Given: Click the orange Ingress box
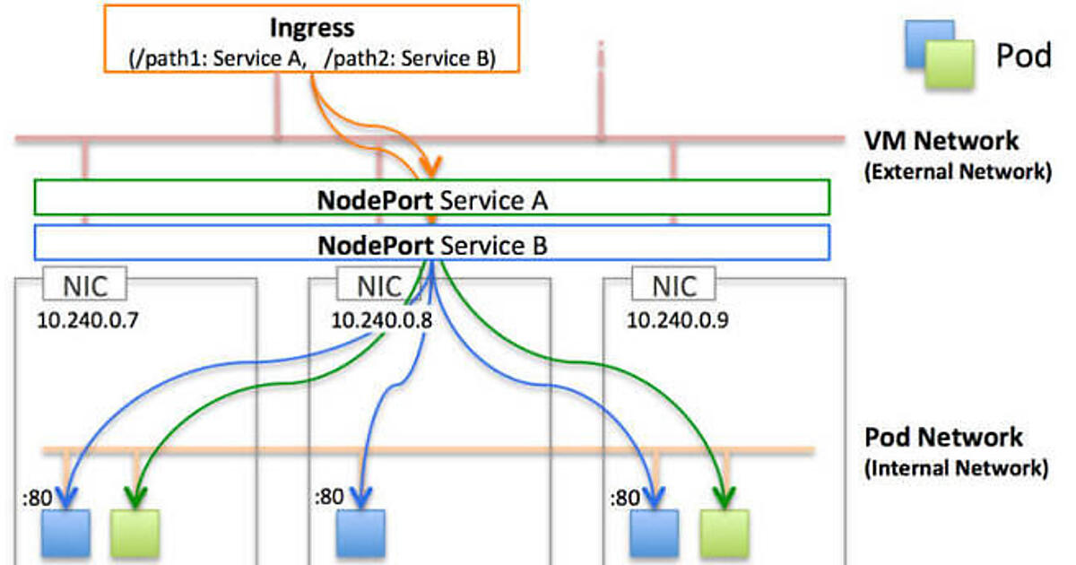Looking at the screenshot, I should tap(312, 38).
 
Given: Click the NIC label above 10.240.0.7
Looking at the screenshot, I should tap(86, 287).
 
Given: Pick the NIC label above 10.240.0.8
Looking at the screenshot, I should tap(380, 287).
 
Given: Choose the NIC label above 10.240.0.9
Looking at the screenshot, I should tap(673, 287).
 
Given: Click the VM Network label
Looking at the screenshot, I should tap(941, 141).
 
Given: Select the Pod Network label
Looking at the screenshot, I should tap(943, 438).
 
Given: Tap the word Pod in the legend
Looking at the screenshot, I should tap(1023, 56).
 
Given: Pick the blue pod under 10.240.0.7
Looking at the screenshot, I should tap(67, 534).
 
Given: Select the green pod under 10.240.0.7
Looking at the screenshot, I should tap(135, 534).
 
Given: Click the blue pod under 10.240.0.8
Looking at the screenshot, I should tap(360, 534).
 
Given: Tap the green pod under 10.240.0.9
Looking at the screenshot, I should tap(725, 534).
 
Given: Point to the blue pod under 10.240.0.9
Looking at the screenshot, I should tap(655, 534).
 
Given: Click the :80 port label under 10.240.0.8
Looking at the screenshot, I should tap(328, 495).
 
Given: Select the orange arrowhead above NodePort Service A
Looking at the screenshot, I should tap(434, 167).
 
